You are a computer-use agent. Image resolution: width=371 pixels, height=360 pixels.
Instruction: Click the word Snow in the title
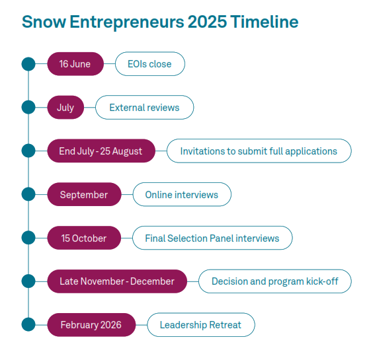44,22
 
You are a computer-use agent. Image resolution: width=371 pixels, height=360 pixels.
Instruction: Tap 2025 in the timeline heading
207,22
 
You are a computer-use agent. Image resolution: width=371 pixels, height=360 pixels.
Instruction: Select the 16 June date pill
75,64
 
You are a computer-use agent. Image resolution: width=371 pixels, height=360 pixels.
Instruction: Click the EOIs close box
150,64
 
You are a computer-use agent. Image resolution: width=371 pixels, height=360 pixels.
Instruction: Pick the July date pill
65,107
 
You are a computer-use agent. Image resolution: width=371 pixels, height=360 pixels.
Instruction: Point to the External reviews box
145,107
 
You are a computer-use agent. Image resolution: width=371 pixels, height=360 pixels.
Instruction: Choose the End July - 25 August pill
101,151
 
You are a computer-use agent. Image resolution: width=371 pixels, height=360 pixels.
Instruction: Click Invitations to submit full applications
259,151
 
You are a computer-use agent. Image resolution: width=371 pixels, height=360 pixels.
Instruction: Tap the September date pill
84,194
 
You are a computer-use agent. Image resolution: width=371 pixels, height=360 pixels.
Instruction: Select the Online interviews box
182,194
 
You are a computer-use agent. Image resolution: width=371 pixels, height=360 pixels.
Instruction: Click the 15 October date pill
84,238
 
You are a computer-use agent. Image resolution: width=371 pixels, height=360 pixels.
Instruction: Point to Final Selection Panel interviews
212,238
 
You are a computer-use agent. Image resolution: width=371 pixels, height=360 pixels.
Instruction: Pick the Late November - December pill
117,281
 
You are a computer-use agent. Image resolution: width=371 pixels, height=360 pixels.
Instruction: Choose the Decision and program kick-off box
275,281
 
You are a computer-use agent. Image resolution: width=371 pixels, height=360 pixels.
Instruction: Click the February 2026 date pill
91,325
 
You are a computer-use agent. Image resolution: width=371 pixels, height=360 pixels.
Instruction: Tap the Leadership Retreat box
201,325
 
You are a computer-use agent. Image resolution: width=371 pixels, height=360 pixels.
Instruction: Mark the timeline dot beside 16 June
28,64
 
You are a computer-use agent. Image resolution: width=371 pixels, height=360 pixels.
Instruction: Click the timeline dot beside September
28,194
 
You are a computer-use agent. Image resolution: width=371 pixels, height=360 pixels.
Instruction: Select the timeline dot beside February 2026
28,325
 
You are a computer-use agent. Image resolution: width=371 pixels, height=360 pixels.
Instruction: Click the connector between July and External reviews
90,107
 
